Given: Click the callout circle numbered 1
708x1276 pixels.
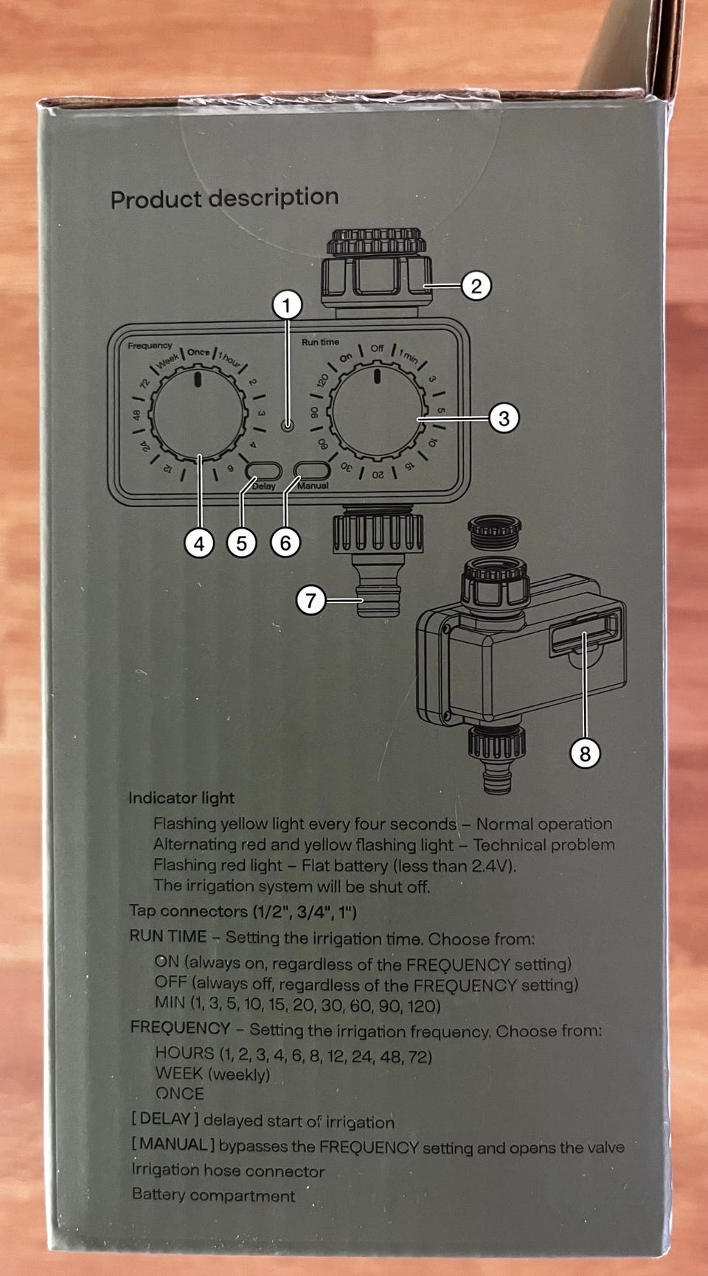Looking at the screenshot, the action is (x=288, y=305).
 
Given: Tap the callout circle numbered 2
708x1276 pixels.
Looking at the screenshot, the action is (x=476, y=285).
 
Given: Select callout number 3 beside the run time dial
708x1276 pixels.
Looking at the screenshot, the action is (x=504, y=418).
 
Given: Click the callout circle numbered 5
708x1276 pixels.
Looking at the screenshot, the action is (x=242, y=544).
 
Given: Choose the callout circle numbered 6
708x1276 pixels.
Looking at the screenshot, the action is (x=285, y=544).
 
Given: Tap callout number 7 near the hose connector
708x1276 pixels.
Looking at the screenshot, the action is (x=311, y=600).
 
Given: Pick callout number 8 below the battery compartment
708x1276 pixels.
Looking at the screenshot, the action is (x=585, y=753).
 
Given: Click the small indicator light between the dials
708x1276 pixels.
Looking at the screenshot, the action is (x=288, y=426).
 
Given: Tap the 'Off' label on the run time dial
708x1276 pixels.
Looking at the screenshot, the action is (x=377, y=349).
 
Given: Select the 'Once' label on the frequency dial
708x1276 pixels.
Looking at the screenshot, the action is (x=198, y=352).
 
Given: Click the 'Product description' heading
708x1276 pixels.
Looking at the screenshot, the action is (x=225, y=198).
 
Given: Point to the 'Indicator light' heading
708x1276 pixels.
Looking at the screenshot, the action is (x=181, y=798).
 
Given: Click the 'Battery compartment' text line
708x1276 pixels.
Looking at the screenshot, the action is (x=213, y=1195).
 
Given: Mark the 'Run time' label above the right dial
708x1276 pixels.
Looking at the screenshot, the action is (x=320, y=342).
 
